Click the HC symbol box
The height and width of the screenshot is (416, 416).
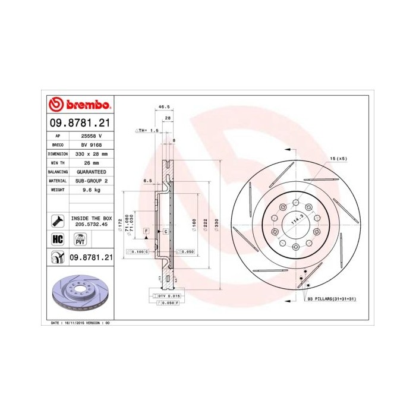click(x=58, y=239)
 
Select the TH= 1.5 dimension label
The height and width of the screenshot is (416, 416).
click(x=149, y=130)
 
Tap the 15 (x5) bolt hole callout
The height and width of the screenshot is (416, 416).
click(x=338, y=159)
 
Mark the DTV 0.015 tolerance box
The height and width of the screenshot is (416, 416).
click(x=168, y=295)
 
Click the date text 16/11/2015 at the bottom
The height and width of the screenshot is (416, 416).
click(x=70, y=322)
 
